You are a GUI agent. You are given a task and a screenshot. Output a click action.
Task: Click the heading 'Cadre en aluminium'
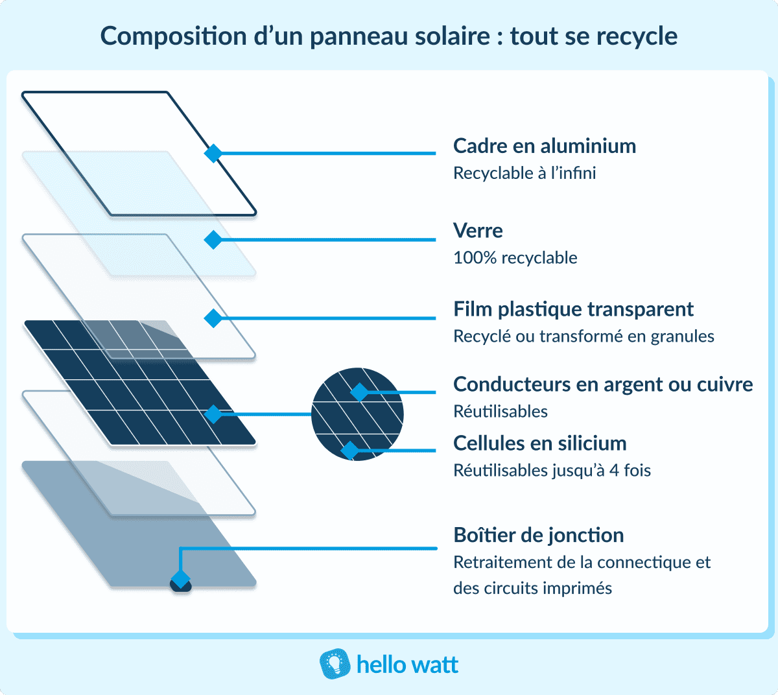coord(544,146)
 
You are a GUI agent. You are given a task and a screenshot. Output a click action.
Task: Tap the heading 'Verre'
coord(478,231)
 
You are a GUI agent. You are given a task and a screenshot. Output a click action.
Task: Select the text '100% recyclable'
coord(515,258)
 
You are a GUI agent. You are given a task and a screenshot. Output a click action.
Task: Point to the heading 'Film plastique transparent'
coord(573,309)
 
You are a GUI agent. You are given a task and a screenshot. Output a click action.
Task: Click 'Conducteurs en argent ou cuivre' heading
coord(603,384)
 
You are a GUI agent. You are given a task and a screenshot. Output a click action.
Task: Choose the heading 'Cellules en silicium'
coord(539,443)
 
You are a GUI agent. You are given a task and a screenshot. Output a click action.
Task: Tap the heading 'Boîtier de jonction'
coord(538,536)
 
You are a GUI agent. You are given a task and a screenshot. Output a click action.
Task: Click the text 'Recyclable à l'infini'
coord(524,174)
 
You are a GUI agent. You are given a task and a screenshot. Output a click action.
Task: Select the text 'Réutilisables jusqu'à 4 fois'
coord(552,471)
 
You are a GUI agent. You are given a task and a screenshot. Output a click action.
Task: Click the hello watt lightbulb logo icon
coord(335,665)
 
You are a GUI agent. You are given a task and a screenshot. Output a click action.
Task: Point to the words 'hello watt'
coord(407,665)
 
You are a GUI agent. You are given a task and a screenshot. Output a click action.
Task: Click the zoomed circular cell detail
coord(357,414)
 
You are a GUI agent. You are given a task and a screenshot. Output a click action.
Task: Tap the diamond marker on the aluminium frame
coord(213,154)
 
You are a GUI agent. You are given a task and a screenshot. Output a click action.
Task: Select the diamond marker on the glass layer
coord(213,240)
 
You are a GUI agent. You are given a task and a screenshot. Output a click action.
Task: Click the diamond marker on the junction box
coord(180,579)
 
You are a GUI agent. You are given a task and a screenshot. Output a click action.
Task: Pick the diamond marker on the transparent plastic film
coord(213,318)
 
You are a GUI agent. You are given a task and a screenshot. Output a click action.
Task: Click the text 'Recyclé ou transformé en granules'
coord(583,336)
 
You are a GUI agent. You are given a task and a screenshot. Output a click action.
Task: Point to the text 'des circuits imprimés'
coord(532,589)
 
